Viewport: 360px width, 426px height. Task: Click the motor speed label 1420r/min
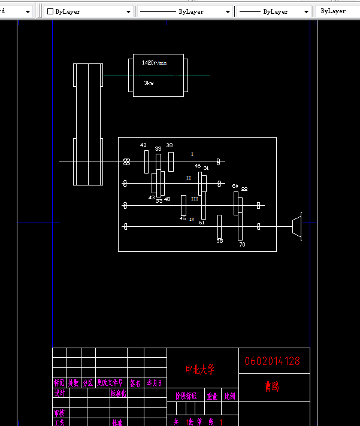coord(154,63)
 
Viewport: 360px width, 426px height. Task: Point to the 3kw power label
coord(149,83)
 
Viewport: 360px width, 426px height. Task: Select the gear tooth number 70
coord(242,245)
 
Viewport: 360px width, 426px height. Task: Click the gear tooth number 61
coord(202,223)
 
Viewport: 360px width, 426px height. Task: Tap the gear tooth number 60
coord(235,187)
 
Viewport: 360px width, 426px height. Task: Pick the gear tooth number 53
coord(159,201)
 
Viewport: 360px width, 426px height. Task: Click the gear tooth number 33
coord(158,149)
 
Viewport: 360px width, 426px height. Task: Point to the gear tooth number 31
coord(206,168)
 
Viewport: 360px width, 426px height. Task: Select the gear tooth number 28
coord(244,189)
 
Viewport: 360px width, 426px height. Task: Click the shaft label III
coord(195,198)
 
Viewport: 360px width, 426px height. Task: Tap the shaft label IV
coord(192,220)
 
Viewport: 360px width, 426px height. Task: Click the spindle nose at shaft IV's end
coord(297,226)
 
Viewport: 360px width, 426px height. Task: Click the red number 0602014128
coord(272,361)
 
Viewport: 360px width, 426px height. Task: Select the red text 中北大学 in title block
coord(199,370)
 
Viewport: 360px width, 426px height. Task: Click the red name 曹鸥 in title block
coord(272,387)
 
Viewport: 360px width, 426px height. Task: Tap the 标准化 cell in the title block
coord(118,394)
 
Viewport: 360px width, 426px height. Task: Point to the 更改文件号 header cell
coord(110,383)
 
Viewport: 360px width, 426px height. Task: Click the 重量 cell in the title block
coord(212,396)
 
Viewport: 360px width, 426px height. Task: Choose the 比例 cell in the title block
coord(229,396)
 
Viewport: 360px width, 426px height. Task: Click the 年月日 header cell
coord(155,383)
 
